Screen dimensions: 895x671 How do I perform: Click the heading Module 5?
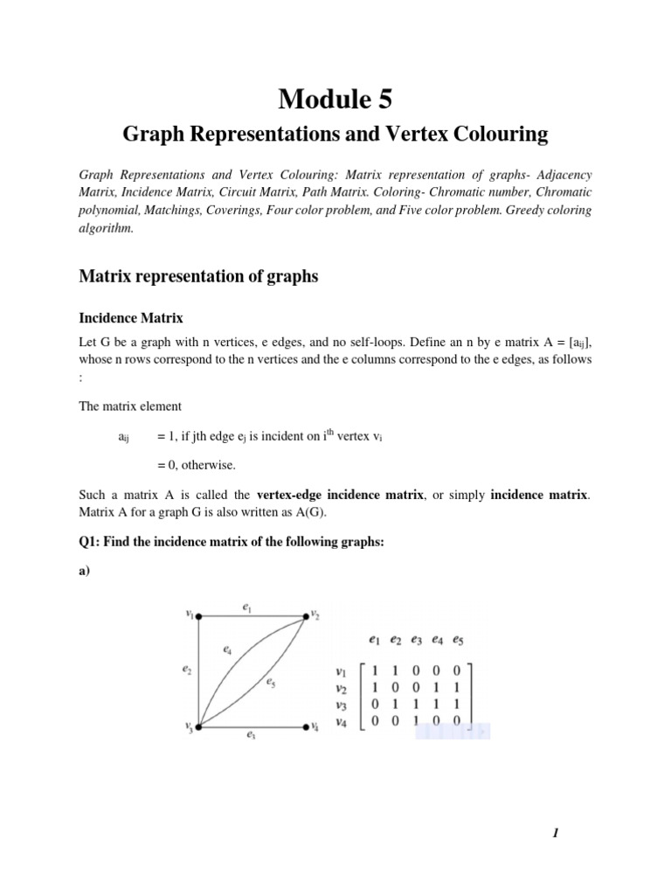tap(335, 101)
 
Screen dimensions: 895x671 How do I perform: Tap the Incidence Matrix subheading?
tap(131, 319)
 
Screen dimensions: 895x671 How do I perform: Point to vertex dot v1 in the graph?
tap(200, 615)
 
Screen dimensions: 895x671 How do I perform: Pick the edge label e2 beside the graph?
tap(188, 670)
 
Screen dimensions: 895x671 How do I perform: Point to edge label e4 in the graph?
tap(227, 650)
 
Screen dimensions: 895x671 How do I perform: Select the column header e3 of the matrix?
tap(417, 641)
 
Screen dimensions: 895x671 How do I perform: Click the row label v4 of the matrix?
tap(342, 722)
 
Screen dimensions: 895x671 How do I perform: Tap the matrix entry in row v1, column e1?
tap(375, 672)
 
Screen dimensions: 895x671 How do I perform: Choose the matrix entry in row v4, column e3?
tap(417, 722)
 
